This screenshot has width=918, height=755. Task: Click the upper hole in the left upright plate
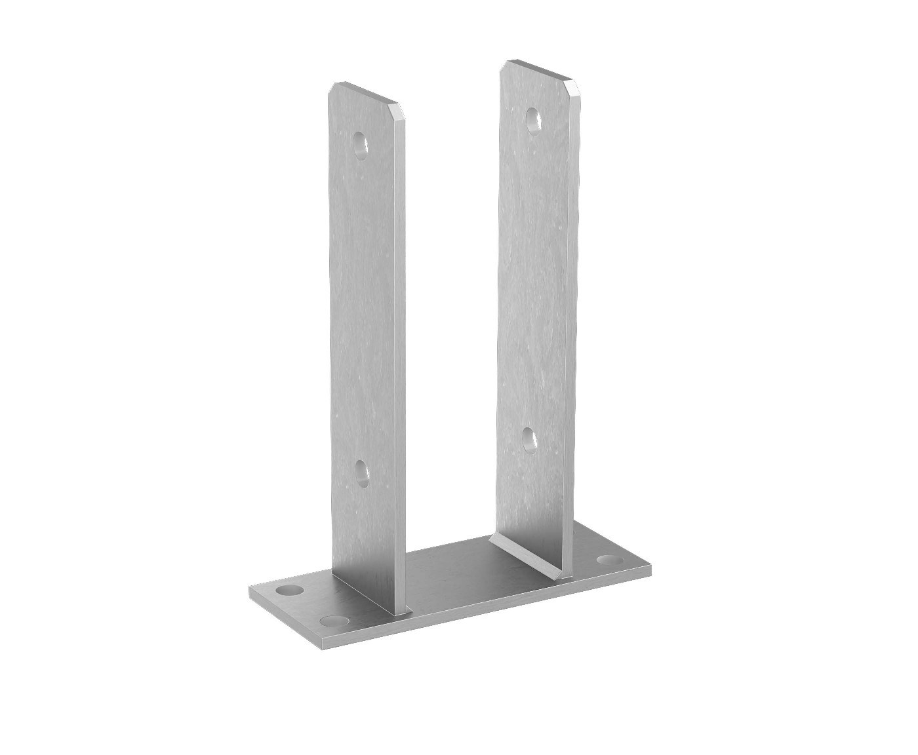coord(359,144)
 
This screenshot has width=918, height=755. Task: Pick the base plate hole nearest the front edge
coord(334,619)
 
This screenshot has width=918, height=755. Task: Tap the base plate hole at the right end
coord(610,561)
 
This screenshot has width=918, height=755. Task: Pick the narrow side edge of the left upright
coord(400,360)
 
